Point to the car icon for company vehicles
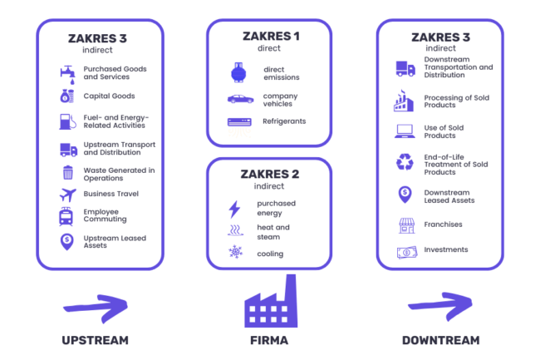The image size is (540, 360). [240, 99]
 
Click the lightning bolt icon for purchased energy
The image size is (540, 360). [234, 209]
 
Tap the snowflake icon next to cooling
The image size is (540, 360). [234, 253]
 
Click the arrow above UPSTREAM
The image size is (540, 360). [95, 306]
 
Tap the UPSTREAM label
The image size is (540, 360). [95, 341]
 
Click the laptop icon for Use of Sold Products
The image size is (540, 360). [405, 131]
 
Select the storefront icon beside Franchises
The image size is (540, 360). [405, 224]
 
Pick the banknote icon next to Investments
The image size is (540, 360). [405, 251]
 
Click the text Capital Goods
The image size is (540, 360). [109, 96]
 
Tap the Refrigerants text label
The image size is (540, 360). [284, 121]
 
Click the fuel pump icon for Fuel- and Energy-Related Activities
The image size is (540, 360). [67, 121]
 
